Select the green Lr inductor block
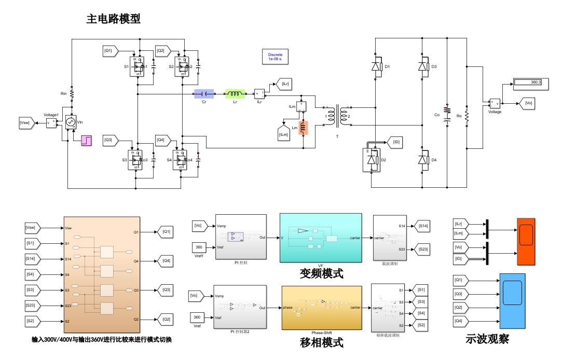[x=235, y=93]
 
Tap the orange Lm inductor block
[x=304, y=128]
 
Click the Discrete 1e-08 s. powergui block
[x=275, y=57]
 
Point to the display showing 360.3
[x=531, y=82]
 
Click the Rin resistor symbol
[x=72, y=94]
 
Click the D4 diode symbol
[x=423, y=160]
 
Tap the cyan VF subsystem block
[x=321, y=237]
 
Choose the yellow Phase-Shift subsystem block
[x=322, y=308]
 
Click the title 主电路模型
[x=113, y=19]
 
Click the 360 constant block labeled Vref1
[x=200, y=246]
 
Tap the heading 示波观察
[x=487, y=340]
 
